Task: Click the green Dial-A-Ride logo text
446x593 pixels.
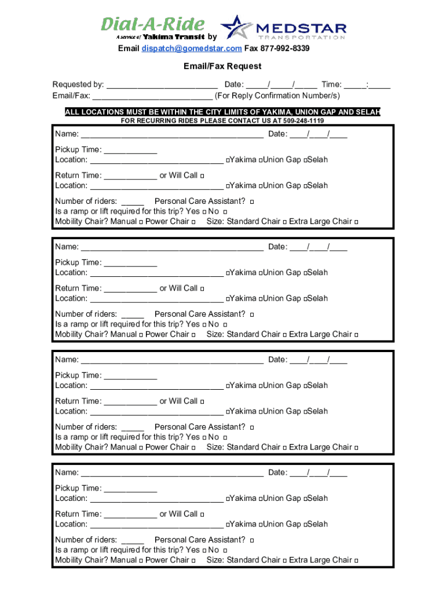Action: tap(152, 24)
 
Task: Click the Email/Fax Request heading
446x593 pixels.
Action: tap(222, 66)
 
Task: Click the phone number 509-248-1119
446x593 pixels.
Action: tap(304, 121)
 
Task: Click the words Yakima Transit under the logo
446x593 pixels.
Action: tap(173, 37)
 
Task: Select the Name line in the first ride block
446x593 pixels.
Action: tap(172, 135)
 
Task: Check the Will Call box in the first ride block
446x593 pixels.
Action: tap(202, 176)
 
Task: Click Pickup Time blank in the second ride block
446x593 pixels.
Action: tap(130, 263)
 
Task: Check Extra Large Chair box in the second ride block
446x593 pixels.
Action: tap(356, 335)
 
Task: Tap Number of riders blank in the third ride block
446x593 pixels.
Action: tap(132, 427)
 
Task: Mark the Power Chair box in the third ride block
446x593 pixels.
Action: tap(193, 448)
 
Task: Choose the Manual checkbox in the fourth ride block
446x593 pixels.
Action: tap(141, 561)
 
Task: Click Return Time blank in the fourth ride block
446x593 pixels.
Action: tap(130, 514)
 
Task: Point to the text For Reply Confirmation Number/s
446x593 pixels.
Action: tap(277, 96)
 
